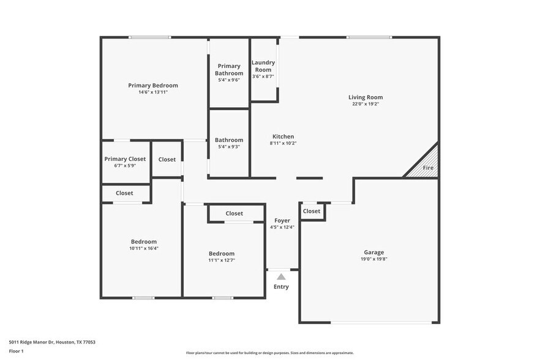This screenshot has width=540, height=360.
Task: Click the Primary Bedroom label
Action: tap(152, 85)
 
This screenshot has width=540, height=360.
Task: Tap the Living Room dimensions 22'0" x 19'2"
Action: tap(366, 104)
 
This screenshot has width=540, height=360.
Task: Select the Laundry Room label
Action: tap(263, 66)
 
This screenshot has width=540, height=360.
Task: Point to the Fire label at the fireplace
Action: tap(428, 168)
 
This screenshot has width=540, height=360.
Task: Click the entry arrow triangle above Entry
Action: tap(281, 277)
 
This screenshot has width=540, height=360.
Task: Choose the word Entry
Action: tap(281, 287)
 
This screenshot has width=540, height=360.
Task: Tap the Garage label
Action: tap(373, 252)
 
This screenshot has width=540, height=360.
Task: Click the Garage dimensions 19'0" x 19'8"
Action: tap(373, 259)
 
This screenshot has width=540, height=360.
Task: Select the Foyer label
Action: tap(282, 220)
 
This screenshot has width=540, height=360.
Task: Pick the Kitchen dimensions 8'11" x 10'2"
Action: tap(282, 143)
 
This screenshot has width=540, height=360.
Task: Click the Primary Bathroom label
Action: tap(229, 70)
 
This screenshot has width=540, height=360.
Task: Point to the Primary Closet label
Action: tap(125, 159)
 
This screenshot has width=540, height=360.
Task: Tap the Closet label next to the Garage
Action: tap(312, 211)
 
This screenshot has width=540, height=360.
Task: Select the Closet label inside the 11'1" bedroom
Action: tap(234, 214)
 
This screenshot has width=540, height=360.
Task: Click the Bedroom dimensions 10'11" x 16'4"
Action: tap(144, 248)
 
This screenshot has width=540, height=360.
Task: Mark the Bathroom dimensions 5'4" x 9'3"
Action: tap(229, 147)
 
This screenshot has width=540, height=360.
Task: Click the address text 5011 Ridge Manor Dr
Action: tap(52, 342)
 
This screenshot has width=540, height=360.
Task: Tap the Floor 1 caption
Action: tap(17, 351)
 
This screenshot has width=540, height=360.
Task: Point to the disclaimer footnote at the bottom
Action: tap(269, 353)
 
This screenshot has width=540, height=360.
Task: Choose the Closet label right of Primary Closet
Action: tap(167, 159)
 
